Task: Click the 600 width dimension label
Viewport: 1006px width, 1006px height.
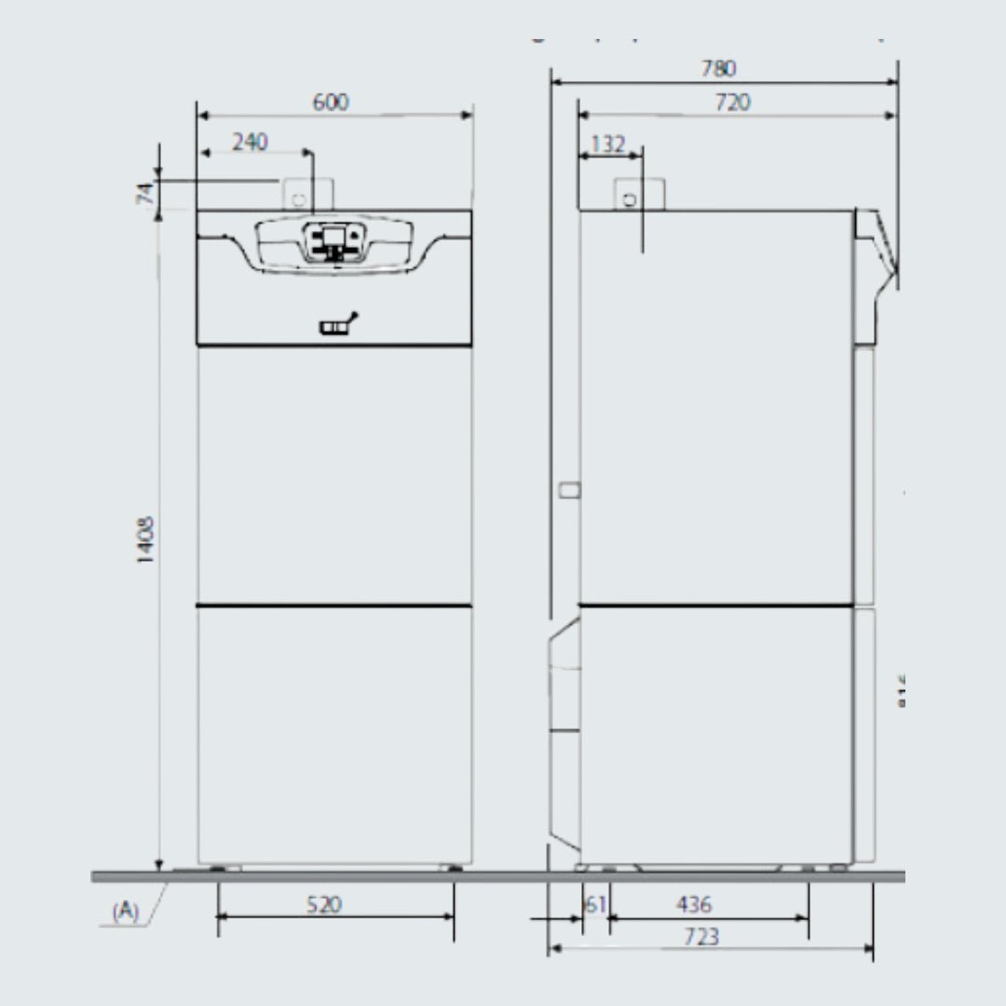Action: tap(331, 102)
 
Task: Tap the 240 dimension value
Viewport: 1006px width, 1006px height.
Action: tap(250, 143)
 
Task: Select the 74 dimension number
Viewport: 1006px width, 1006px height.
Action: tap(144, 194)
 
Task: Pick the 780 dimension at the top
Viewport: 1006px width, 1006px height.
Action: tap(718, 69)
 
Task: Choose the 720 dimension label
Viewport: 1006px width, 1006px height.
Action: tap(732, 102)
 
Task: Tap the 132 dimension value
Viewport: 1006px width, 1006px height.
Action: tap(608, 144)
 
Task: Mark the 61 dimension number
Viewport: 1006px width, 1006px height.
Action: tap(595, 904)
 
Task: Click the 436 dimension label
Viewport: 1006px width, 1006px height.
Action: tap(694, 904)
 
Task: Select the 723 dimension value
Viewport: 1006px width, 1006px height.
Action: tap(700, 937)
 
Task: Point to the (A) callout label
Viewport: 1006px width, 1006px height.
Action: tap(125, 911)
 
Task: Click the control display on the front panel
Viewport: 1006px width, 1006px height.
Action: tap(331, 241)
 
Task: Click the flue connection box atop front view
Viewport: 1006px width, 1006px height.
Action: tap(297, 195)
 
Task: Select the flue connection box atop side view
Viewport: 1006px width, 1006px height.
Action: tap(638, 195)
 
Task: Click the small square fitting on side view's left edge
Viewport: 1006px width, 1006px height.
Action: tap(571, 490)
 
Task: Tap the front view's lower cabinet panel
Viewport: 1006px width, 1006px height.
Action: tap(334, 736)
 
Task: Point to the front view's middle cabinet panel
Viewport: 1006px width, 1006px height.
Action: tap(334, 475)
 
